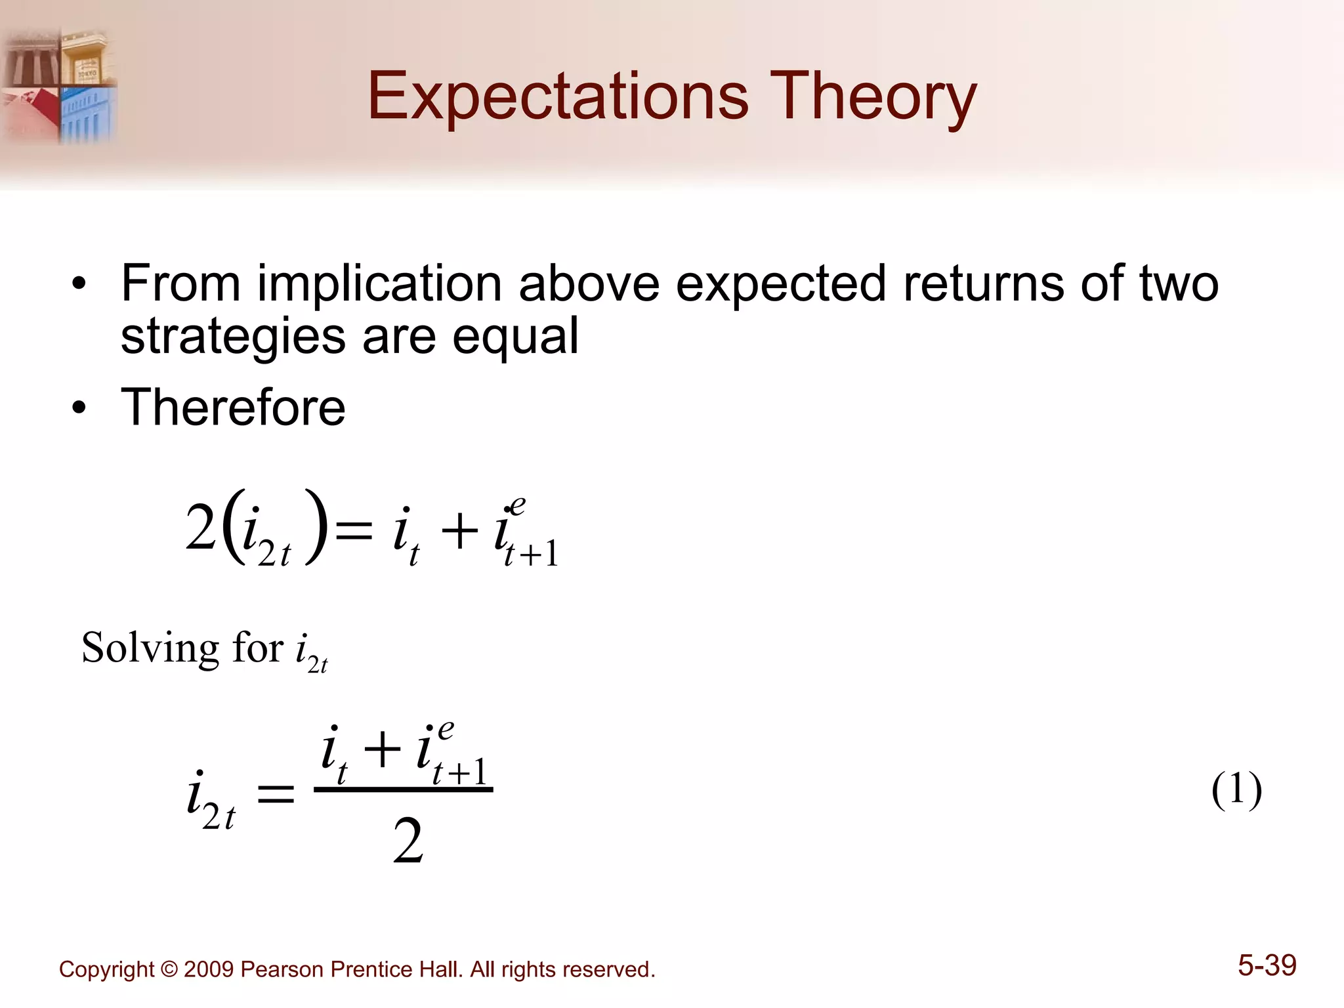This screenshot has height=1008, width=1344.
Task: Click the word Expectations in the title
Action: (x=558, y=97)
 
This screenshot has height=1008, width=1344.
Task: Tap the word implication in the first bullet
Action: (x=380, y=283)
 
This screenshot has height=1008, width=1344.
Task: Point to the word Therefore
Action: (x=232, y=407)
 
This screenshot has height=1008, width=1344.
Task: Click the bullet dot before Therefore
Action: (x=79, y=409)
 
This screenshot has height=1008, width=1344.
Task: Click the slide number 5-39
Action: (x=1267, y=965)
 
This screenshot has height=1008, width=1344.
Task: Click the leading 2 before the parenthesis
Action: (x=200, y=529)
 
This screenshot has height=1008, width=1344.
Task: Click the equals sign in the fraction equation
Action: (x=275, y=797)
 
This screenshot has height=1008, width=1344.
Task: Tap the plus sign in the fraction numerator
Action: (x=382, y=750)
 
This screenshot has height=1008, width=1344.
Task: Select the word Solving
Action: (x=150, y=648)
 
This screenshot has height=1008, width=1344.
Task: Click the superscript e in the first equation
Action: (x=517, y=505)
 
